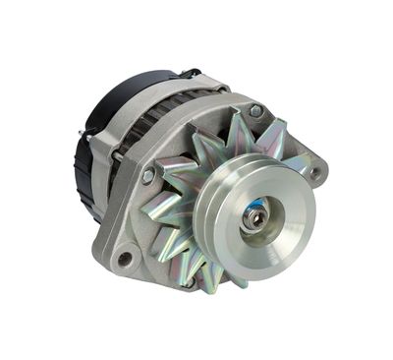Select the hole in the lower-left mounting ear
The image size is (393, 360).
click(125, 259)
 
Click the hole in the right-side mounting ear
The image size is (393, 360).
click(316, 171)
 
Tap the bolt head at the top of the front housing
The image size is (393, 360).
click(254, 111)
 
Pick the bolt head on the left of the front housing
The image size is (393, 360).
click(147, 175)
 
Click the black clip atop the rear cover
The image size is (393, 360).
click(187, 72)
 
